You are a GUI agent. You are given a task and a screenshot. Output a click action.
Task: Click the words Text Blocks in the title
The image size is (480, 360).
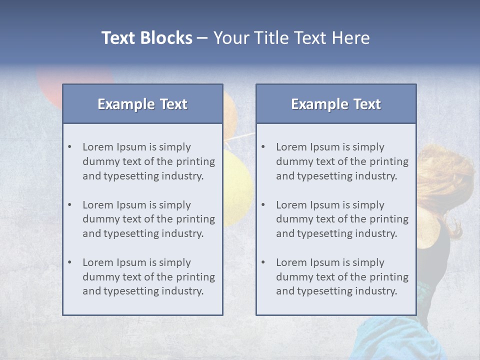[146, 38]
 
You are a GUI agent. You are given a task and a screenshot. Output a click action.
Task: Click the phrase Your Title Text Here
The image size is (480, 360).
[291, 38]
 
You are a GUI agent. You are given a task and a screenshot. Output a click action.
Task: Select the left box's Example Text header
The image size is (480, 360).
[142, 104]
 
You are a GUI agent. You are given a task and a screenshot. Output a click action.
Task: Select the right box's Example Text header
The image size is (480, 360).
[336, 104]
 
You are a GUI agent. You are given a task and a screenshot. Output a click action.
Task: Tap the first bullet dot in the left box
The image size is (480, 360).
[70, 147]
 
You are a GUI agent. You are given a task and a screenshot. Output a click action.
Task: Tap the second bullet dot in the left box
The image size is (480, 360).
[70, 205]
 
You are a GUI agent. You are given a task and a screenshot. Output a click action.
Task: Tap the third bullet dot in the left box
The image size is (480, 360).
[70, 262]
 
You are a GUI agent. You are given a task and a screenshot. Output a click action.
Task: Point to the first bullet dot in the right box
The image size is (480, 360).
[263, 147]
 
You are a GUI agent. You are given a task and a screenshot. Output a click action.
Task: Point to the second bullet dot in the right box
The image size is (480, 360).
[263, 205]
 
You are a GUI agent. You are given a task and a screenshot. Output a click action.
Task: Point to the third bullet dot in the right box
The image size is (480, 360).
[263, 262]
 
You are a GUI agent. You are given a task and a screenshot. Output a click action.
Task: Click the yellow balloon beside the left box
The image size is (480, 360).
[237, 185]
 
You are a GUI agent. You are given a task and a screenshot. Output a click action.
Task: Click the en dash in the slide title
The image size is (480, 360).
[202, 38]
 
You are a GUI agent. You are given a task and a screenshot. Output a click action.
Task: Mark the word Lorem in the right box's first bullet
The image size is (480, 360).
[291, 147]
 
